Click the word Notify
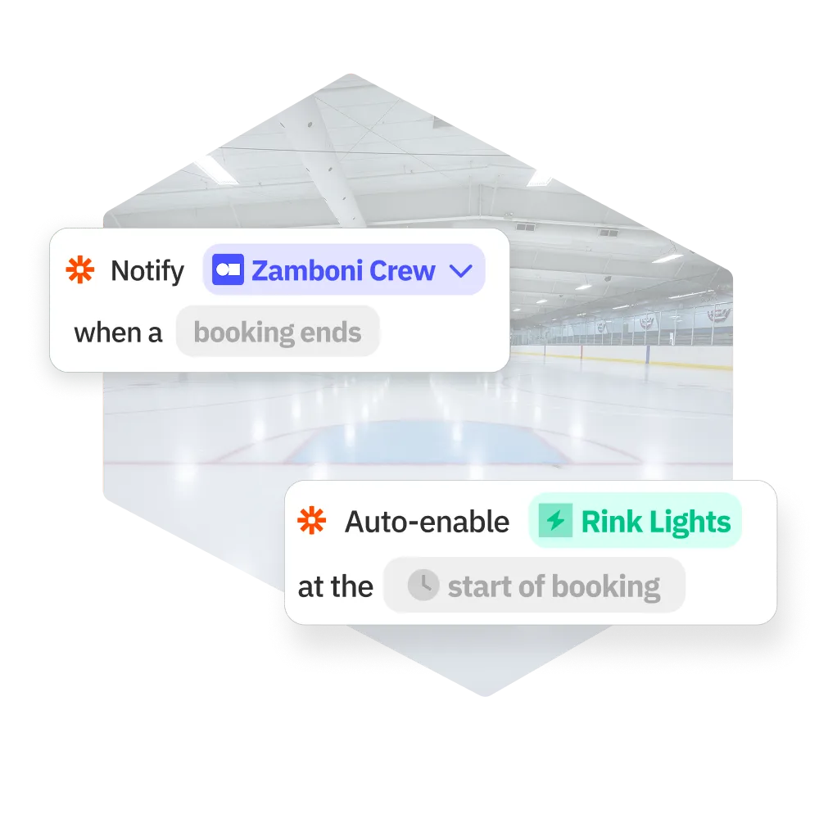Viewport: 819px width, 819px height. click(x=147, y=271)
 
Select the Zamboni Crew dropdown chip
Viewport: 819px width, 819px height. click(x=344, y=270)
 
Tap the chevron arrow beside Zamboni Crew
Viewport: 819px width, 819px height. click(x=462, y=270)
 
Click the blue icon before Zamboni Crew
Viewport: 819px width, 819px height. click(x=228, y=270)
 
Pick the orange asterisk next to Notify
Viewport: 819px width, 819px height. click(x=79, y=270)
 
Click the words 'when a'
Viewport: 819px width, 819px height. click(x=118, y=333)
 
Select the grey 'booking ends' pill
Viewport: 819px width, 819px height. click(x=278, y=333)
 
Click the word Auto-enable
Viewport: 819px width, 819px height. click(x=427, y=522)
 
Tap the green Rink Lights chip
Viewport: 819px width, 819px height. click(x=636, y=521)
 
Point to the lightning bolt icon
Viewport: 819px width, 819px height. click(x=556, y=521)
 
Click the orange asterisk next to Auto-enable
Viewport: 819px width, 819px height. click(x=311, y=521)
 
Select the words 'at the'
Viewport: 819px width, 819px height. click(x=335, y=586)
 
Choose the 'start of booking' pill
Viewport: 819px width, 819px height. click(x=534, y=586)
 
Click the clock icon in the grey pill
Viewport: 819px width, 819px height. click(x=423, y=586)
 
